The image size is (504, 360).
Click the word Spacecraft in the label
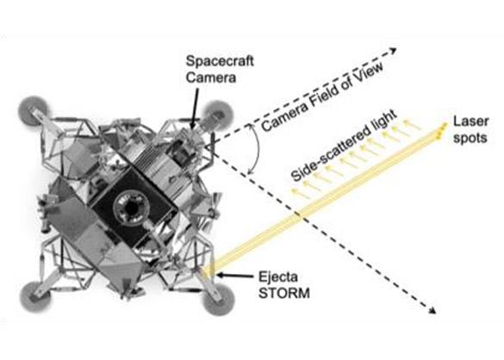pos(220,61)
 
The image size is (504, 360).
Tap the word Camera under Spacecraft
pos(211,78)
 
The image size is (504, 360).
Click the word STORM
pos(284,294)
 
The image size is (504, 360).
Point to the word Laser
pos(470,121)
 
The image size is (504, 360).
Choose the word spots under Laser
pos(470,138)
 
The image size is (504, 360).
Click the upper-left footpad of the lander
pos(34,109)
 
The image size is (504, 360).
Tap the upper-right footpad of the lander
pos(218,115)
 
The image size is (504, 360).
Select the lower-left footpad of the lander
pos(34,296)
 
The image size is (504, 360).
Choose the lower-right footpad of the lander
pos(220,299)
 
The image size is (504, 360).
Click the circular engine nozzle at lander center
pos(131,208)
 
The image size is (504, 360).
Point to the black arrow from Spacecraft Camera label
pos(195,109)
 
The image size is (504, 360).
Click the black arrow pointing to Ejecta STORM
pos(235,276)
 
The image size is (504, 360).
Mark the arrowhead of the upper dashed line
pos(393,51)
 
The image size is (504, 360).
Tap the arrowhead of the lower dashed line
pos(432,310)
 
